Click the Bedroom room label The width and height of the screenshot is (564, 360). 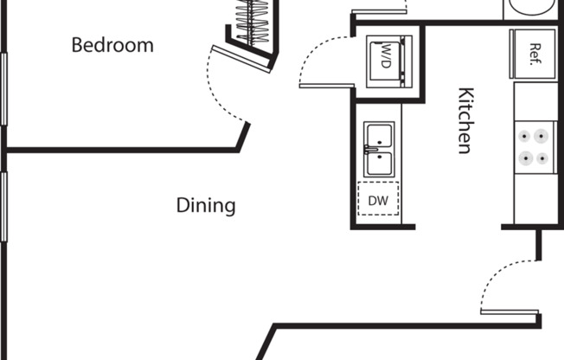pyautogui.click(x=112, y=45)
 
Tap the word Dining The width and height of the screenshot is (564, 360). pyautogui.click(x=206, y=205)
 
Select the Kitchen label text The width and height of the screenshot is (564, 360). pyautogui.click(x=465, y=120)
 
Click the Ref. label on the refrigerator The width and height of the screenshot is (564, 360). pyautogui.click(x=535, y=50)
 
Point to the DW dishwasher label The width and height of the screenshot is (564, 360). pyautogui.click(x=378, y=201)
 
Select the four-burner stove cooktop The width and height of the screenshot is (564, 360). pyautogui.click(x=532, y=147)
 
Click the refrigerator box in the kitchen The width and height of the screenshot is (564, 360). pyautogui.click(x=534, y=49)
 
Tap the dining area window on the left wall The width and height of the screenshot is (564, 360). pyautogui.click(x=3, y=208)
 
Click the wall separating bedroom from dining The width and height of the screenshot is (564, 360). pyautogui.click(x=121, y=149)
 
